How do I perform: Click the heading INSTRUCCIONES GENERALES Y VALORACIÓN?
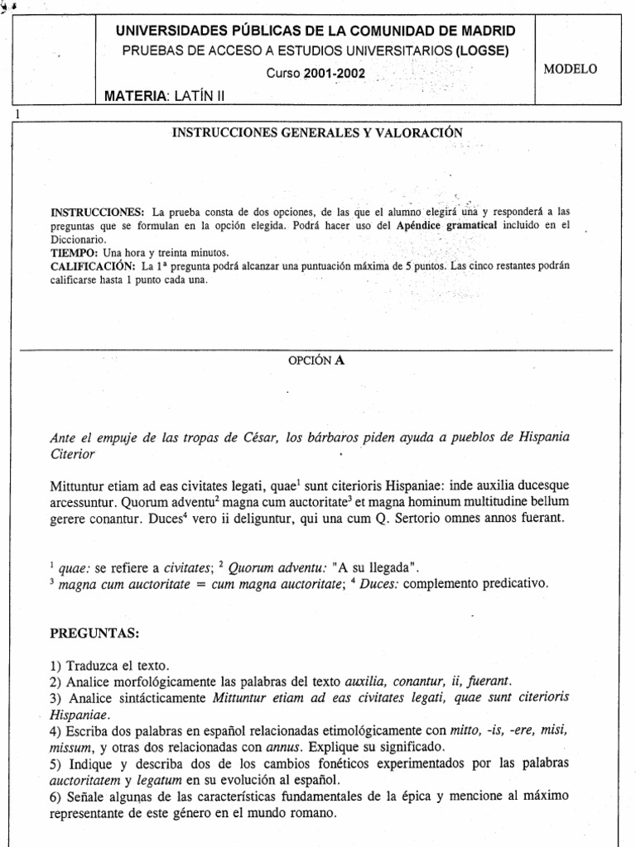point(316,132)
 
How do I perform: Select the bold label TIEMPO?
point(75,252)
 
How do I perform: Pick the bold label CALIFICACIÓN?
point(94,266)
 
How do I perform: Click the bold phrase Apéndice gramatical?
point(456,224)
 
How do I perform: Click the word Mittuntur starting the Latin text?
point(81,484)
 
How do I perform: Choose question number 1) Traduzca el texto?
point(108,665)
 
